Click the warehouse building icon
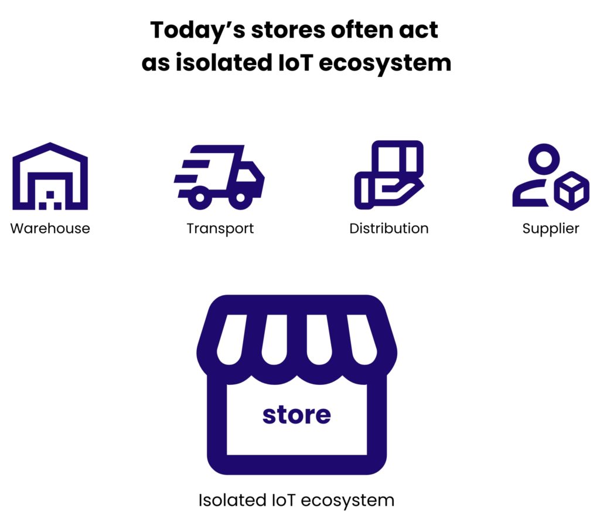click(x=50, y=176)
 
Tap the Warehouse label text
click(x=50, y=228)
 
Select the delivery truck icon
click(x=220, y=177)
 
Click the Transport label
click(x=220, y=228)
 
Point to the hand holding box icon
click(x=388, y=175)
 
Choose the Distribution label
click(x=388, y=228)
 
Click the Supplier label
click(x=551, y=228)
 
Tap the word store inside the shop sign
click(x=296, y=415)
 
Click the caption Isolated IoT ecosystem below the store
click(x=296, y=500)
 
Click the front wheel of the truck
click(x=240, y=198)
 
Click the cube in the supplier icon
click(x=572, y=191)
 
